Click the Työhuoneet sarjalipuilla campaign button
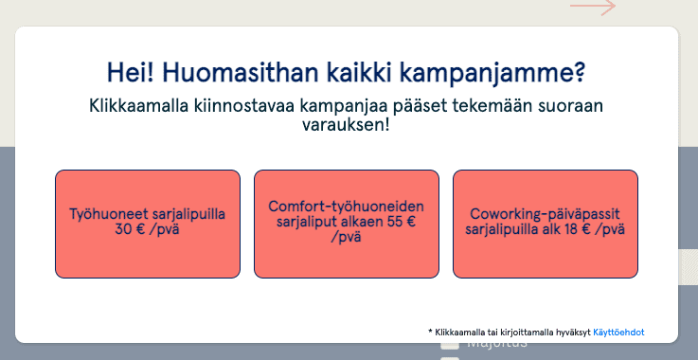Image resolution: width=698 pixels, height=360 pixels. (x=148, y=224)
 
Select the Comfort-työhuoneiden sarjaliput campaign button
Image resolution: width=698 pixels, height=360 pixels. (x=347, y=224)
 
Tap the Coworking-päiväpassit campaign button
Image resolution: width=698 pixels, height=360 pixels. (x=546, y=224)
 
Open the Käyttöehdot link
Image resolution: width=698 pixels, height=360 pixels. (x=619, y=333)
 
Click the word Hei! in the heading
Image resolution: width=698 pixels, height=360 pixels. (x=131, y=73)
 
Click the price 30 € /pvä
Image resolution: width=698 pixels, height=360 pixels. (x=148, y=230)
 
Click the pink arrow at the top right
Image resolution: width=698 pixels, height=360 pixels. (x=593, y=8)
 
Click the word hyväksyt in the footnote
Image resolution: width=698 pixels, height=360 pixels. (x=570, y=333)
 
